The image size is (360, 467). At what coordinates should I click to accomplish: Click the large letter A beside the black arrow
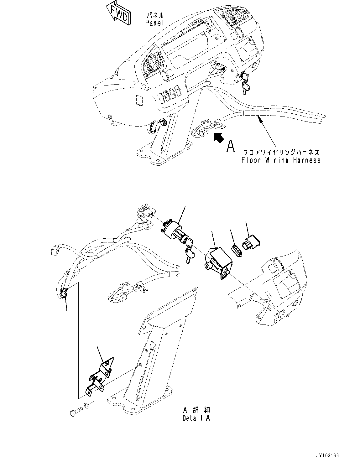[x=231, y=146]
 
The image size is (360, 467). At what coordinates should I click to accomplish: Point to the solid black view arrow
[x=218, y=137]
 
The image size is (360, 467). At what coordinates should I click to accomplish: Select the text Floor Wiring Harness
[x=281, y=160]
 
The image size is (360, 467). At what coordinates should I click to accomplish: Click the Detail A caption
[x=196, y=418]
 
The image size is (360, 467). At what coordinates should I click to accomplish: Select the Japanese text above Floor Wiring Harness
[x=281, y=152]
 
